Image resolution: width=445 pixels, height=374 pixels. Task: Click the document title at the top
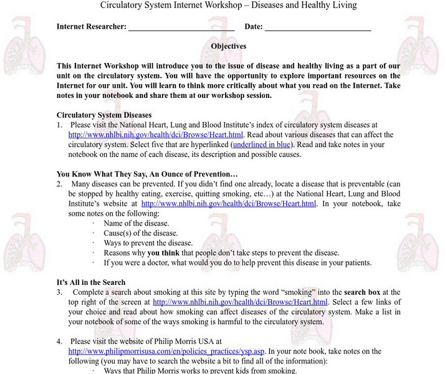click(x=229, y=5)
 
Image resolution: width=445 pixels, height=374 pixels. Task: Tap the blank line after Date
click(x=318, y=27)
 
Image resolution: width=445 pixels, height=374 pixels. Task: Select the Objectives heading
click(x=229, y=46)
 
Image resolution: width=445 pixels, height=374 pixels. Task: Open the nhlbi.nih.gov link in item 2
click(x=229, y=203)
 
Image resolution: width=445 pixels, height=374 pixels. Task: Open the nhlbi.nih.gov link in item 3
click(x=239, y=302)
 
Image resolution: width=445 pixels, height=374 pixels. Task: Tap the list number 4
click(x=59, y=342)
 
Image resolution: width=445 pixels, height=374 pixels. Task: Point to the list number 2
click(x=59, y=184)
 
